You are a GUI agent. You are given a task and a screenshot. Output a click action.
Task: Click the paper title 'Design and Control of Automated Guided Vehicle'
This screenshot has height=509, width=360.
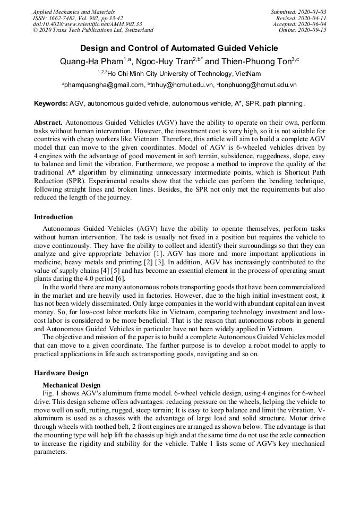(x=179, y=48)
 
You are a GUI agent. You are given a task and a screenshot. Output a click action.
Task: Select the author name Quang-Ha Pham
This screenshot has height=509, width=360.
(x=91, y=62)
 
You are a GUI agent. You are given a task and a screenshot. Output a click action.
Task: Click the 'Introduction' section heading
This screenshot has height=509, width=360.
(x=54, y=217)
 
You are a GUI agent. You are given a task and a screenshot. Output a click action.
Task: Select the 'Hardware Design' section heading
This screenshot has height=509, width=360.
(x=61, y=373)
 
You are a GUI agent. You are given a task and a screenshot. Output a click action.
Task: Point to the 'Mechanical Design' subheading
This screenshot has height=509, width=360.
(x=71, y=385)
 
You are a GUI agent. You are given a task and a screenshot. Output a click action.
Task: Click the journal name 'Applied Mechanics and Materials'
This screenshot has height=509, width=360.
(x=73, y=11)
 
